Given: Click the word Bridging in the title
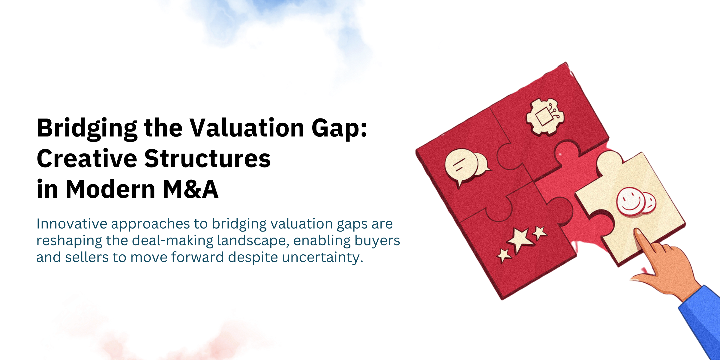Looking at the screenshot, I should (x=87, y=129).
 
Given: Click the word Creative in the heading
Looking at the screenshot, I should (x=87, y=159).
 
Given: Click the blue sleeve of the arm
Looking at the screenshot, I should (x=702, y=319).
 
